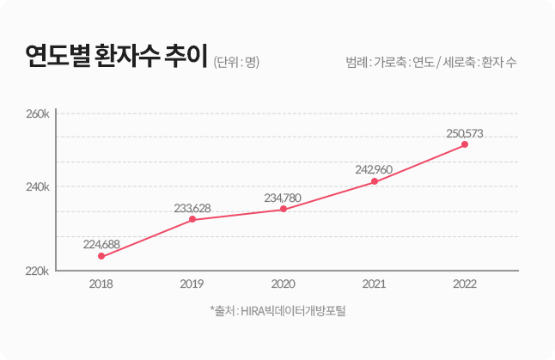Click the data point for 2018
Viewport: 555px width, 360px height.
click(x=101, y=256)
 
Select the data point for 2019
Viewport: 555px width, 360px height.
click(x=192, y=219)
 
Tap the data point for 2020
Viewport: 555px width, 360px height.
click(x=284, y=209)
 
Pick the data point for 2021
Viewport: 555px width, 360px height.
click(x=375, y=181)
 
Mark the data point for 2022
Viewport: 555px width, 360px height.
click(x=465, y=144)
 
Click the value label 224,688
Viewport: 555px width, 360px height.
click(x=101, y=244)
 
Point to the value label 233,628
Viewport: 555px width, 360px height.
click(x=192, y=207)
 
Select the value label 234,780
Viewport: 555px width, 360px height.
click(x=283, y=198)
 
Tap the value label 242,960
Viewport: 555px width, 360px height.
click(x=374, y=169)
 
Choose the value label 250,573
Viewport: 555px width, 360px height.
click(x=465, y=133)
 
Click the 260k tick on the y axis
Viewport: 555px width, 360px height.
click(x=39, y=113)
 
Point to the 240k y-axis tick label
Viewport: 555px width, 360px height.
click(x=39, y=186)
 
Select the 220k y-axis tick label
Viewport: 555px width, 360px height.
click(x=39, y=271)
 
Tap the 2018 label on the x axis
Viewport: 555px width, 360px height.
click(x=101, y=284)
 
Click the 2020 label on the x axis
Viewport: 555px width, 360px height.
click(x=284, y=284)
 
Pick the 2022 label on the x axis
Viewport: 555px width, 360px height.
click(x=465, y=284)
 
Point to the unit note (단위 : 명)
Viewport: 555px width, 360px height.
click(x=236, y=62)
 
